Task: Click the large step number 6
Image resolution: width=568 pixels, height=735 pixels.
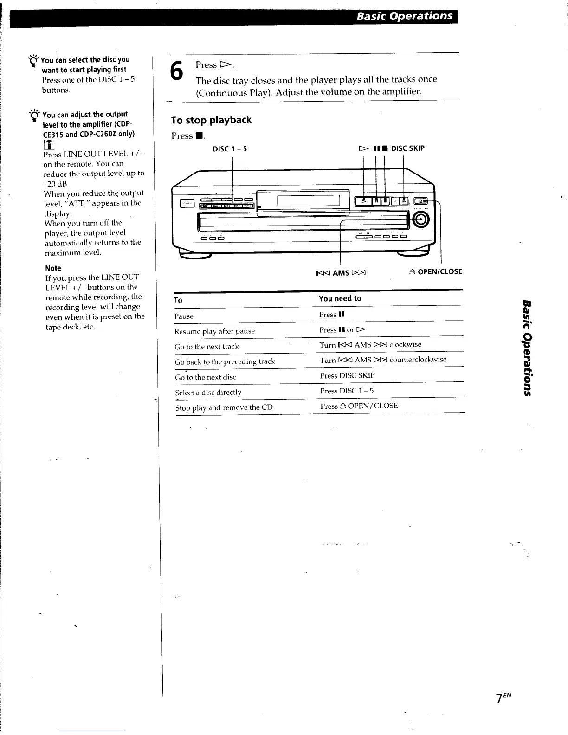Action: (176, 73)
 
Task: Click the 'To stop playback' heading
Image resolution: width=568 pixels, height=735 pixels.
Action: (211, 120)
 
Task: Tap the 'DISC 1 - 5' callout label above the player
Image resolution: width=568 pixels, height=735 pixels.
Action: (230, 149)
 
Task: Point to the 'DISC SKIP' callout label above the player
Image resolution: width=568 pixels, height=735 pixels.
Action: (408, 148)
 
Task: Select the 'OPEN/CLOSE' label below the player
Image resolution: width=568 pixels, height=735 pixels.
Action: (436, 272)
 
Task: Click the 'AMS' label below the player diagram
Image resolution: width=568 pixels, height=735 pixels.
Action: (341, 273)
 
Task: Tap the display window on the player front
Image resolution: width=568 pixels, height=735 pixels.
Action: (309, 201)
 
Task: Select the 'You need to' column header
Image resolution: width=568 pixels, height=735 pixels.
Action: (340, 298)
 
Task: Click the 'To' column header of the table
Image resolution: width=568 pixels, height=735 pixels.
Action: (178, 300)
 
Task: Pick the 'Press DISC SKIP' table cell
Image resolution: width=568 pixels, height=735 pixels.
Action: (347, 375)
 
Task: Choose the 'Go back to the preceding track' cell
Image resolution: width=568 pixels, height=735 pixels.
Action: (225, 361)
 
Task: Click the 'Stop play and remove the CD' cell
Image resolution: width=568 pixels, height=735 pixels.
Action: (224, 408)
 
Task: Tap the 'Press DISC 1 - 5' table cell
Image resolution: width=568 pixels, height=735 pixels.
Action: (347, 391)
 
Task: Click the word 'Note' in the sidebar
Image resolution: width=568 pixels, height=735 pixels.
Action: (53, 268)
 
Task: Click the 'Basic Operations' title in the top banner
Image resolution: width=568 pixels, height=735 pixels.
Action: (404, 16)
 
